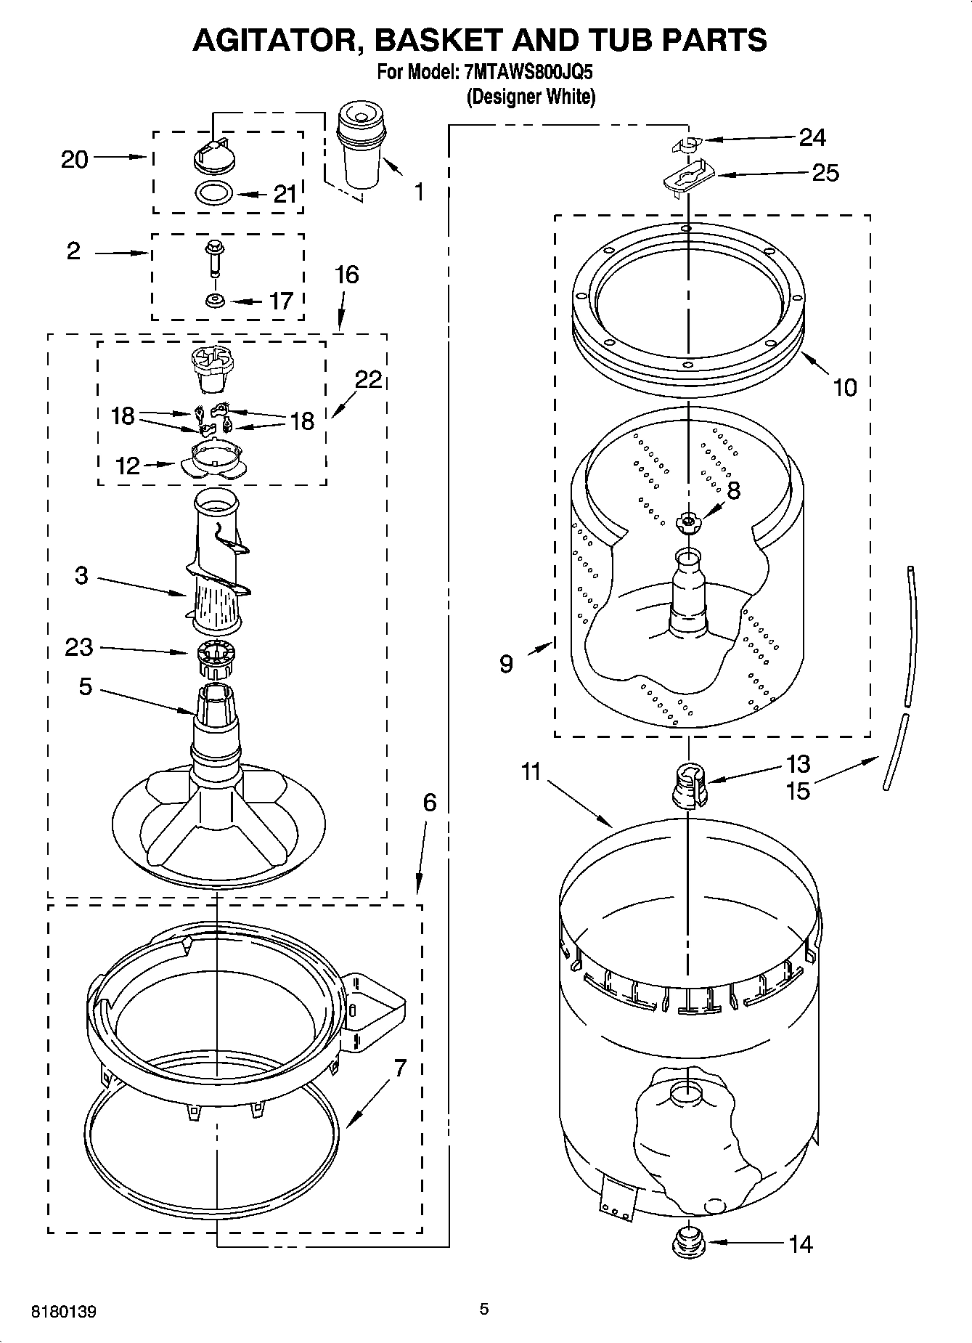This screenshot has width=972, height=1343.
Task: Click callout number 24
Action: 812,137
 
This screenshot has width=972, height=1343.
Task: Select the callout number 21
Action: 285,194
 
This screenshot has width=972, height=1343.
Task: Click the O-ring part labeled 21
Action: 215,193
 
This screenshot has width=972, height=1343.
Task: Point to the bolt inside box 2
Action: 213,258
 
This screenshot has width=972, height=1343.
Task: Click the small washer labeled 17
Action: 214,300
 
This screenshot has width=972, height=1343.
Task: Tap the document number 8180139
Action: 63,1312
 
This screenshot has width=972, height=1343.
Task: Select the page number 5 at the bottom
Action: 483,1309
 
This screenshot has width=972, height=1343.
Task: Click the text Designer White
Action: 530,97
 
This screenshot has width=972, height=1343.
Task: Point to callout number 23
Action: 78,646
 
